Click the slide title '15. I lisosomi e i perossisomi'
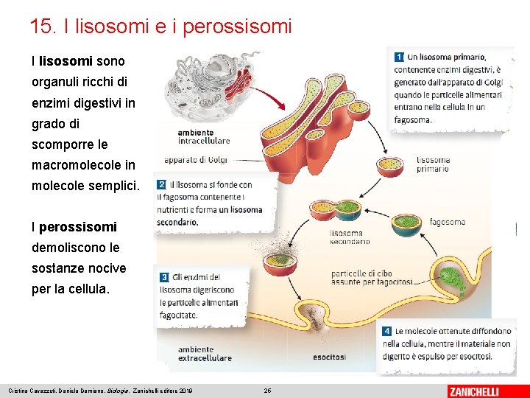click(160, 27)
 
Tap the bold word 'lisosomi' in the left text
click(66, 61)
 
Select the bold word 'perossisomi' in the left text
click(77, 227)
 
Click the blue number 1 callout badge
click(398, 56)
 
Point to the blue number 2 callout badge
click(161, 185)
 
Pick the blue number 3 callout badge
click(164, 277)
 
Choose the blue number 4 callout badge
click(386, 332)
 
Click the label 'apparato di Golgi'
click(196, 159)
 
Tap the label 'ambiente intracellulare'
click(204, 136)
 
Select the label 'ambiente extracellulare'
click(205, 354)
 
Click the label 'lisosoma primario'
click(433, 164)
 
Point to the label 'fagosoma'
click(447, 222)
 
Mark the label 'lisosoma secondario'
click(346, 237)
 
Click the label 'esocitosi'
click(329, 357)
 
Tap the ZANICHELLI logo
click(483, 391)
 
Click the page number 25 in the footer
click(268, 391)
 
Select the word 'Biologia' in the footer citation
click(119, 391)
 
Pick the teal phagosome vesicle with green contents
click(403, 225)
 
